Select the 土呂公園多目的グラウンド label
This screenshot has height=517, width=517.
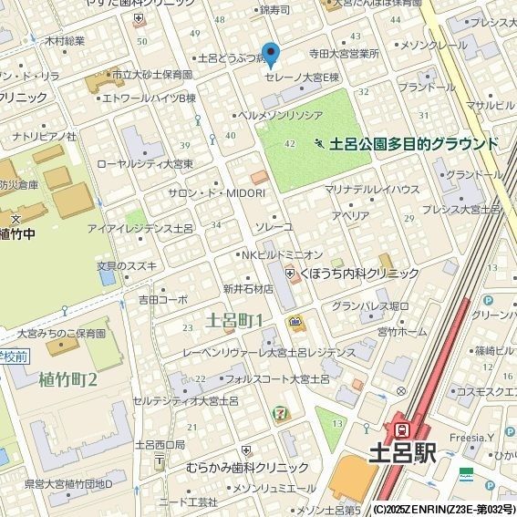click(413, 144)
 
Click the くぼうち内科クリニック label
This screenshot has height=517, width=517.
click(357, 273)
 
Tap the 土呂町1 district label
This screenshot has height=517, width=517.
click(234, 320)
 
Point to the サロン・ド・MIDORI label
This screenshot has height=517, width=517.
click(216, 193)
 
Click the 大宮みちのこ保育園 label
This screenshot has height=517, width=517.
click(61, 335)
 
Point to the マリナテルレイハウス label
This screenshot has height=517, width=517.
click(371, 189)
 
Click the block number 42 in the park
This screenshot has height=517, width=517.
click(290, 144)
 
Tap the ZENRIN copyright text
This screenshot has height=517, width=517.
click(443, 509)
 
